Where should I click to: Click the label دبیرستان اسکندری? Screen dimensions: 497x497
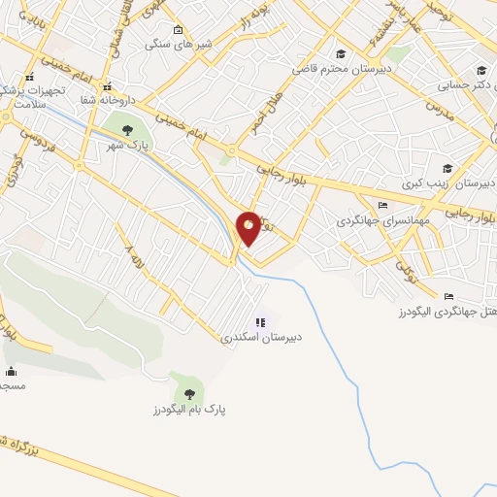click(261, 339)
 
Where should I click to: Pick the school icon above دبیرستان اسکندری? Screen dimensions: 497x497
click(260, 322)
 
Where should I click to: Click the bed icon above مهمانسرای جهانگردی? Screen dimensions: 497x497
click(381, 205)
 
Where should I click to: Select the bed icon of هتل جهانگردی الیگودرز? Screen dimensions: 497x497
click(447, 296)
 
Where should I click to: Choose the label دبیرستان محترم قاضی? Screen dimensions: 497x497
click(341, 69)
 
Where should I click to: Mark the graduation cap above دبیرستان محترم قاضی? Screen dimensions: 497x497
click(340, 53)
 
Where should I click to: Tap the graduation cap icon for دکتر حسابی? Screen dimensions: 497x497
click(482, 69)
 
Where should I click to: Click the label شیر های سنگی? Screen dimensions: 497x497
click(173, 44)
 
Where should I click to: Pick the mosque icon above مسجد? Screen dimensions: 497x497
click(11, 370)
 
